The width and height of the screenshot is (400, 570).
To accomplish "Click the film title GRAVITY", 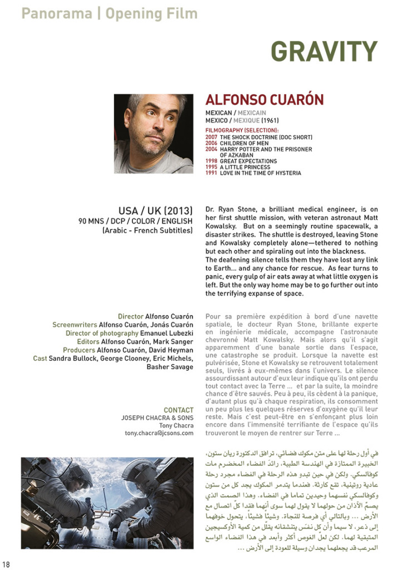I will click(x=324, y=52).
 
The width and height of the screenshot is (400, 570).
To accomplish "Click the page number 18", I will click(x=6, y=564).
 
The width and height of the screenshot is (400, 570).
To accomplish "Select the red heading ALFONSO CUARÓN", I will click(x=264, y=100).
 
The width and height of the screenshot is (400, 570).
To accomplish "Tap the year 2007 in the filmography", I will click(x=211, y=137).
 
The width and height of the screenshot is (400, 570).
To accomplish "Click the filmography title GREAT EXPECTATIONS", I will click(x=248, y=161).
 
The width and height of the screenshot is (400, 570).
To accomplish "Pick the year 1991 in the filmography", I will click(x=211, y=173).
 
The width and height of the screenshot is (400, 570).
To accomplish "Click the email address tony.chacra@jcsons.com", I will click(x=159, y=433).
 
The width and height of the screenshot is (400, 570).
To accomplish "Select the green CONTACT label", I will click(x=179, y=410).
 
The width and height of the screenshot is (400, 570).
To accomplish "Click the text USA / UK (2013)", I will click(x=155, y=211).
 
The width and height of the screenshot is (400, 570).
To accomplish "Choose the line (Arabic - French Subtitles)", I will click(x=147, y=230).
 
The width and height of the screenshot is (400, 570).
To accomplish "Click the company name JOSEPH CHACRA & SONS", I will click(x=157, y=418).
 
